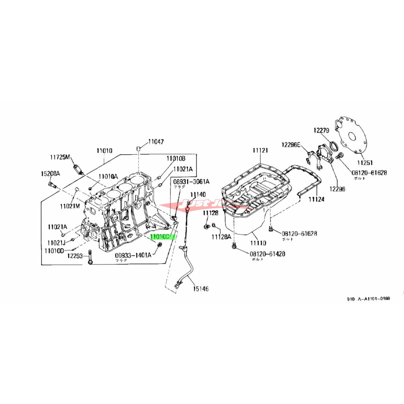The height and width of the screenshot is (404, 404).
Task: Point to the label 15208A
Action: (x=50, y=174)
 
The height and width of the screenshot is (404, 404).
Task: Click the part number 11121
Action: (x=260, y=150)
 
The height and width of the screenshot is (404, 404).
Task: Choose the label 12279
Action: (x=322, y=130)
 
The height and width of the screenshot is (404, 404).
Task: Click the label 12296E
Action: (x=291, y=144)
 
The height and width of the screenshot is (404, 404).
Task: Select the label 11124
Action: (x=316, y=200)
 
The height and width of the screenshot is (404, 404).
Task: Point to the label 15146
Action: (x=200, y=289)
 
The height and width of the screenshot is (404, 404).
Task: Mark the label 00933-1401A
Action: (x=133, y=255)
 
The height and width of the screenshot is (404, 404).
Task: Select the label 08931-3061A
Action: (x=191, y=181)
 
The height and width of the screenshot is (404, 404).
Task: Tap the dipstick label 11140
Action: (x=198, y=195)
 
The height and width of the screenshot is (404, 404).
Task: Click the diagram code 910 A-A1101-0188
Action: (x=368, y=299)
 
